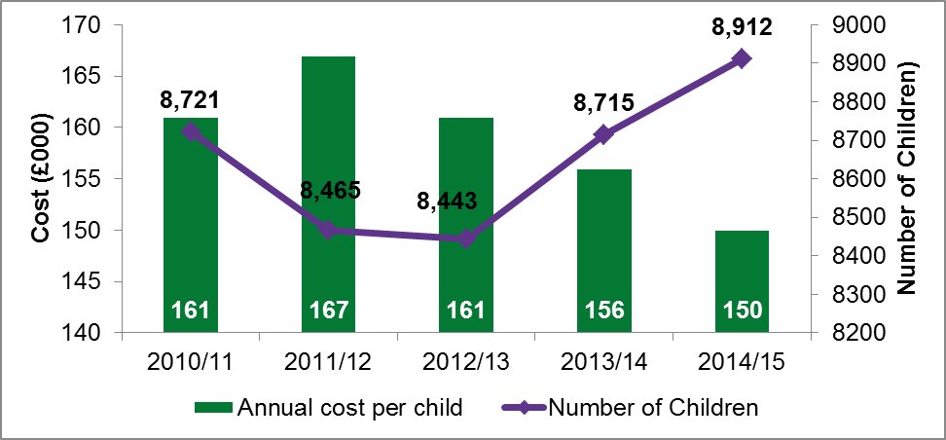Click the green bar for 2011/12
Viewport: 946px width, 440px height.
[328, 195]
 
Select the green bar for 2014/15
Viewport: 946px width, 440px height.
[742, 282]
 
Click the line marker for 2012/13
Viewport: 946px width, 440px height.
[466, 238]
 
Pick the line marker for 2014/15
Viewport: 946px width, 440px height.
[742, 58]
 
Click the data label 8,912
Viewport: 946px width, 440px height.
[742, 27]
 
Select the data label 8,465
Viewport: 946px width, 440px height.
[328, 189]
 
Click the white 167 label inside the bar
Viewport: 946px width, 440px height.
[328, 313]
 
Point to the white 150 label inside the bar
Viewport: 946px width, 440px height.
[742, 313]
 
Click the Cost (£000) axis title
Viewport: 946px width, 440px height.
[41, 178]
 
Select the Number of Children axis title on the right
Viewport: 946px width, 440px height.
[909, 178]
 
